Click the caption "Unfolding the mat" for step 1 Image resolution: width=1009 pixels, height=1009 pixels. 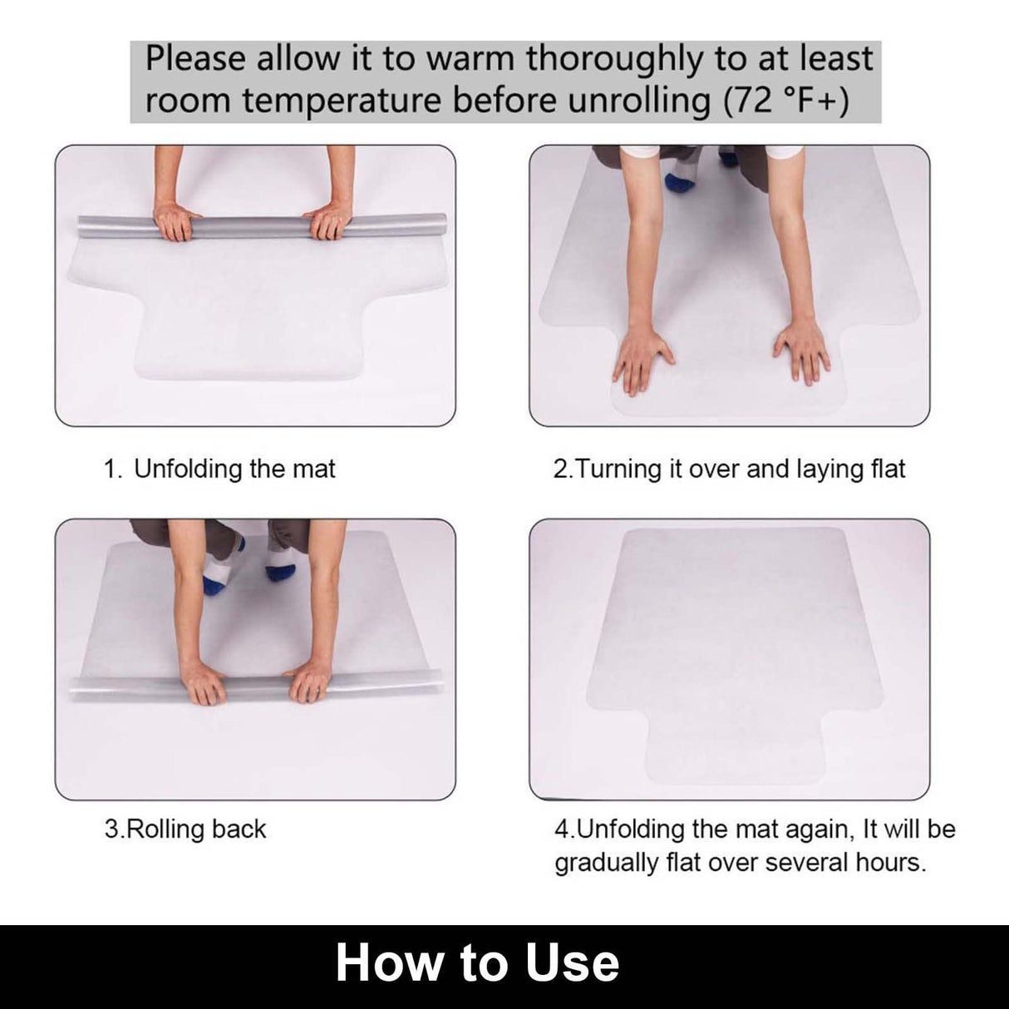coord(234,469)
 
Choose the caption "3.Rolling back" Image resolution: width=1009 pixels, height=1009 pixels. coord(185,829)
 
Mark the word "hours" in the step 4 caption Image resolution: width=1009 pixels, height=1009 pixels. coord(889,862)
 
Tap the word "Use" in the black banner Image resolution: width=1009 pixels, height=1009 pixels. coord(573,962)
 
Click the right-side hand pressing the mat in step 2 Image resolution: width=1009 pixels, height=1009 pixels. coord(801,349)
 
